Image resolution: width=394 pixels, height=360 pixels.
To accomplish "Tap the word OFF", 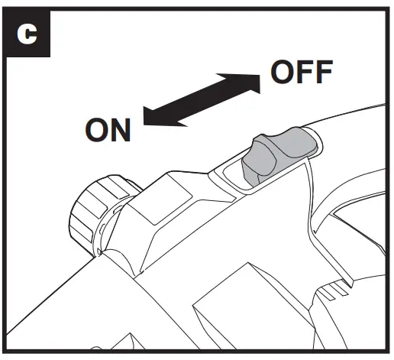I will [x=302, y=73].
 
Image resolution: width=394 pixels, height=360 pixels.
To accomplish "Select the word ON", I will [x=108, y=130].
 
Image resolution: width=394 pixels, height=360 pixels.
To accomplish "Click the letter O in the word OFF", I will [x=283, y=73].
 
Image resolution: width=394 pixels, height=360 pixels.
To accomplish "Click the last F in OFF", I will [x=323, y=73].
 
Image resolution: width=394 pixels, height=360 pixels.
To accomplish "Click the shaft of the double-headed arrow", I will [x=200, y=98].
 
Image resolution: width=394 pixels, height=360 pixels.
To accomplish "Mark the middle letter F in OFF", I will [x=303, y=73].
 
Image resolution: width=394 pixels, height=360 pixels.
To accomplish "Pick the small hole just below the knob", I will [x=101, y=250].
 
